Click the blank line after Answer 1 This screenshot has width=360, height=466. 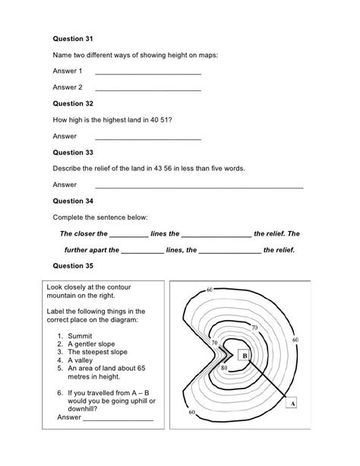coord(147,73)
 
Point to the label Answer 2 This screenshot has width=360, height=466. coord(67,87)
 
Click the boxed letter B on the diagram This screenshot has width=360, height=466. coord(245,355)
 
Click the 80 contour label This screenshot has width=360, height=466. coord(224,369)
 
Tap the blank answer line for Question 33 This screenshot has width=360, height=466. coord(197,185)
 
